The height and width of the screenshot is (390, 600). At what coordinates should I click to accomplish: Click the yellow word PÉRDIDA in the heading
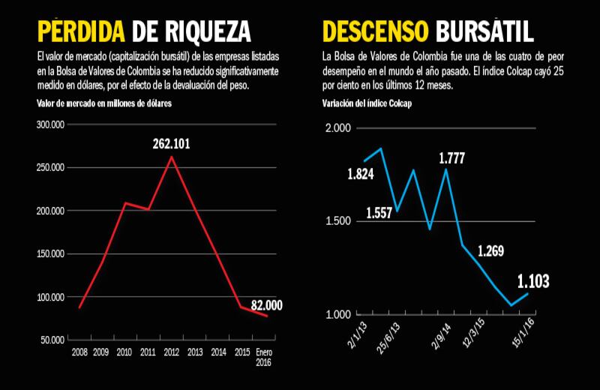[81, 31]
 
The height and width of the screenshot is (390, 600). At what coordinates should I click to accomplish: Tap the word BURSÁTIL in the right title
[484, 31]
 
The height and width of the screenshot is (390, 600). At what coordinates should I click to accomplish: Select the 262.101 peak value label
[171, 143]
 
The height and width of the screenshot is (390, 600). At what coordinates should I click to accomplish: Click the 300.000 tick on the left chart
[50, 124]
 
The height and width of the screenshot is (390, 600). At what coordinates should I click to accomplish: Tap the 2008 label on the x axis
[79, 351]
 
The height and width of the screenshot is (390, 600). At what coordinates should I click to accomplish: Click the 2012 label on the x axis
[172, 351]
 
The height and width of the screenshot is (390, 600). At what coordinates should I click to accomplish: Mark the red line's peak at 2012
[172, 157]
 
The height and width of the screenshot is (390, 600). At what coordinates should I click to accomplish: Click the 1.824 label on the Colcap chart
[361, 175]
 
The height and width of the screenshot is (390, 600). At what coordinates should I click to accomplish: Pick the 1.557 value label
[379, 213]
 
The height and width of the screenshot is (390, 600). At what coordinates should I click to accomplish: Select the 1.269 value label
[492, 250]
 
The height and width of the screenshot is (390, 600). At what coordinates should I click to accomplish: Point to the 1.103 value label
[533, 282]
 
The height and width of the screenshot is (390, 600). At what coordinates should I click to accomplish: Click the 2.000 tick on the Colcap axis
[338, 128]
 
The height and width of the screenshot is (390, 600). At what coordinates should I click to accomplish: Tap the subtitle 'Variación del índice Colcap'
[367, 103]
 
